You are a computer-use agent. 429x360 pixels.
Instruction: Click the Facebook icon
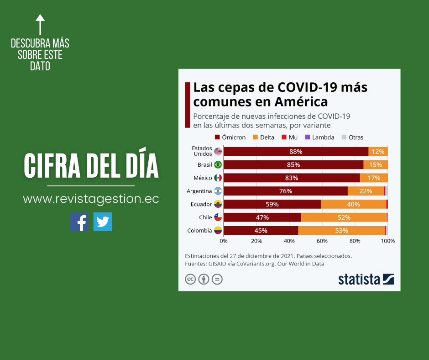(x=79, y=222)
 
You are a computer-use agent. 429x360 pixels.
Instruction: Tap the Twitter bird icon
(x=103, y=222)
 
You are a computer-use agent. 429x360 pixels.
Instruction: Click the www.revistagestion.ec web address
(x=91, y=199)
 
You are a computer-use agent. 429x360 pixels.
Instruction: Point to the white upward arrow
(x=40, y=25)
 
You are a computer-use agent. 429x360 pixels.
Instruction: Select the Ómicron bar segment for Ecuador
(x=272, y=204)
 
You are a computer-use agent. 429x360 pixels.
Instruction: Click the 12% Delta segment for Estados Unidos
(x=378, y=152)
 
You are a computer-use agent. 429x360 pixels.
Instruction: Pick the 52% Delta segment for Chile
(x=344, y=217)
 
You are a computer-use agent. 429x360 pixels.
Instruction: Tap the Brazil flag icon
(x=218, y=165)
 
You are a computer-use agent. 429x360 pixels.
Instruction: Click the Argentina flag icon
(x=218, y=191)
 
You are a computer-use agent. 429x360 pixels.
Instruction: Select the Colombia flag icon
(x=218, y=231)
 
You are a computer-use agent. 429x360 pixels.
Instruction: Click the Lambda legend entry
(x=319, y=137)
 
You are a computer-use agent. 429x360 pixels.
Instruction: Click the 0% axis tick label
(x=224, y=240)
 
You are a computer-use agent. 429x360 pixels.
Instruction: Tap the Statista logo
(x=366, y=279)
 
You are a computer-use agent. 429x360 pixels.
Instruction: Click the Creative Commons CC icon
(x=190, y=279)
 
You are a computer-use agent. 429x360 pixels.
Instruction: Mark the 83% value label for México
(x=292, y=178)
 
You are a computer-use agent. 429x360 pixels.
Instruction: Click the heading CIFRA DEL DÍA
(x=91, y=166)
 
